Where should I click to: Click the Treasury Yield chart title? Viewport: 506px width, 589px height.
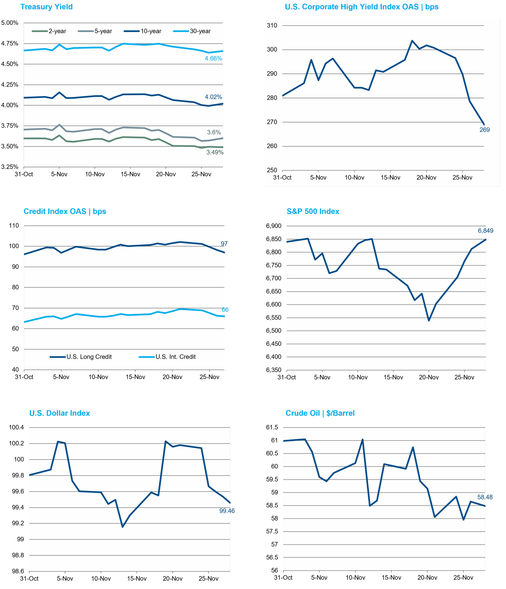(46, 7)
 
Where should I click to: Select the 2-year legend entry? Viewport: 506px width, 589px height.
(57, 31)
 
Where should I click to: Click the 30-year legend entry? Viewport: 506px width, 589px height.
(200, 31)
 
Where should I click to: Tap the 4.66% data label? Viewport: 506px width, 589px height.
(213, 58)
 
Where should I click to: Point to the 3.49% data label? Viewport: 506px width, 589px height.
(214, 152)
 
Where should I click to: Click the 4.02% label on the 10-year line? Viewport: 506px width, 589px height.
(213, 97)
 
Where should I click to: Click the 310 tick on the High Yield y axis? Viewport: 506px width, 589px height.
(272, 26)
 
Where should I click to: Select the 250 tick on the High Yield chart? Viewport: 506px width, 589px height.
(272, 170)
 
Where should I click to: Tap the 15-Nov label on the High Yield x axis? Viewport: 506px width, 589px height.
(390, 178)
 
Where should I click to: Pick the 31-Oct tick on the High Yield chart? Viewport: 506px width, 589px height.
(282, 178)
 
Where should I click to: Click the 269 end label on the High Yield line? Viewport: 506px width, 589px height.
(484, 130)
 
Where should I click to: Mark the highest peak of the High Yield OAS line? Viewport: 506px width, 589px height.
(412, 41)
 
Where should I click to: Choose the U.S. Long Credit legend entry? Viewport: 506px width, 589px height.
(89, 357)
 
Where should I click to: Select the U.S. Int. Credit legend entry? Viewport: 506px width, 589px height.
(175, 357)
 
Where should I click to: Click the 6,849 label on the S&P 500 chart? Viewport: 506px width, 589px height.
(485, 231)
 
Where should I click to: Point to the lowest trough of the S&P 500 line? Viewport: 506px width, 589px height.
(429, 320)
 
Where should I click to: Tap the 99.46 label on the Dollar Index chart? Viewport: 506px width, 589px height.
(227, 511)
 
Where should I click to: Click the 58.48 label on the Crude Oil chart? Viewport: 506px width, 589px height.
(485, 497)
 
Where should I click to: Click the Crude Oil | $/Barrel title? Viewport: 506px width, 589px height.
(320, 413)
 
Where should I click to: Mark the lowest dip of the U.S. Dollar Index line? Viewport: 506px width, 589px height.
(123, 527)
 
